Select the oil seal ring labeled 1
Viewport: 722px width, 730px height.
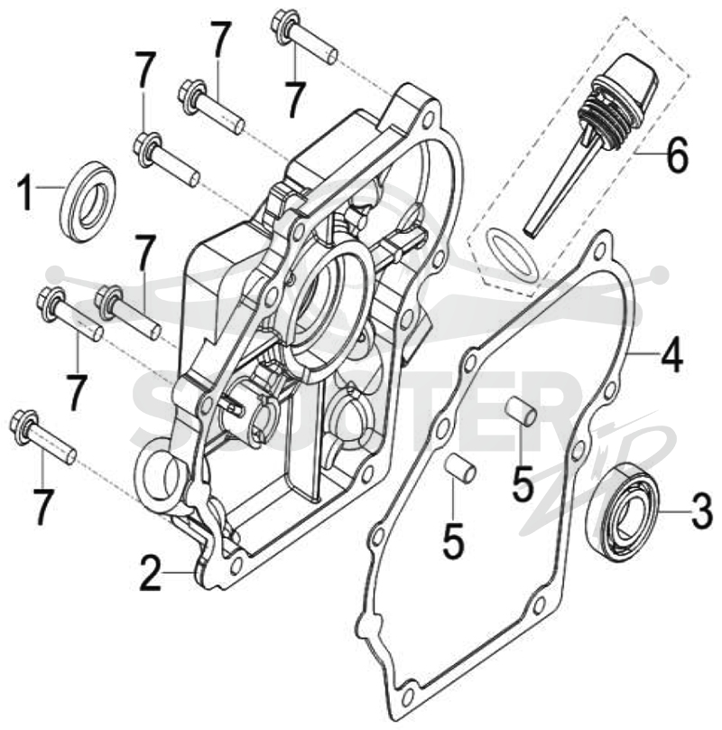[x=88, y=201]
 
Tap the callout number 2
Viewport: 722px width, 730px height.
[x=151, y=574]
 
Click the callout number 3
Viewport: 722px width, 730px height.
[x=701, y=512]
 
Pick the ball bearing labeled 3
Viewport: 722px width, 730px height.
[x=623, y=510]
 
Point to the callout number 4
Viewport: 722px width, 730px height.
[x=671, y=354]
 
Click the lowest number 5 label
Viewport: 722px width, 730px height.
[x=453, y=541]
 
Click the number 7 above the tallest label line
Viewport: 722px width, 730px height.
[x=219, y=39]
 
